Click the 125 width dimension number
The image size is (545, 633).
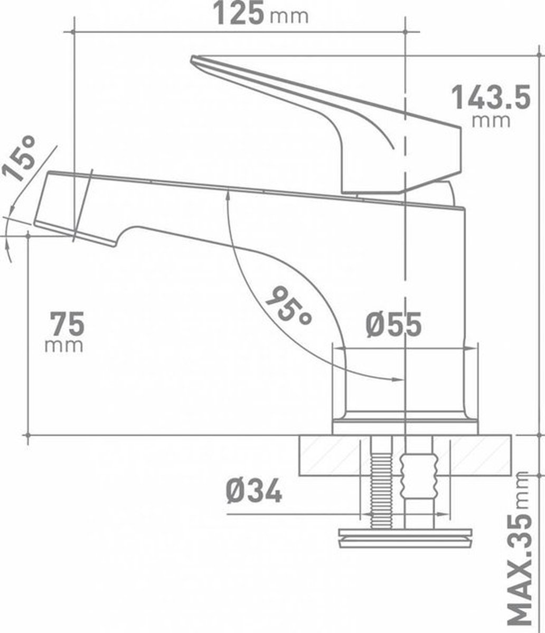(x=239, y=13)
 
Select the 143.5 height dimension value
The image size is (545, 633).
(x=491, y=98)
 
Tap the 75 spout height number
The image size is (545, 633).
(x=68, y=324)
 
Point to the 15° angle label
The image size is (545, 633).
(x=19, y=158)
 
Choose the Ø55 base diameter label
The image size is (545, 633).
(x=393, y=324)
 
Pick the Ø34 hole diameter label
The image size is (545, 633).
(x=254, y=491)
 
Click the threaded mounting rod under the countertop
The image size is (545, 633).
(x=381, y=483)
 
